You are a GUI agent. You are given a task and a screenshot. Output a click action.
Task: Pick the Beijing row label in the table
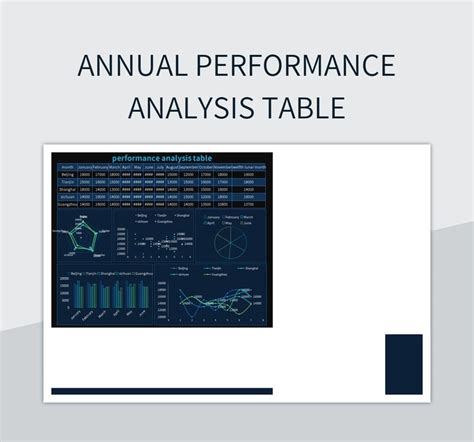tap(67, 175)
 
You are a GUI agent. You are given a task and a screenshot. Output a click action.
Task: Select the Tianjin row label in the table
tap(67, 183)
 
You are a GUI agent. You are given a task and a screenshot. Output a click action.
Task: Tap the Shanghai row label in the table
tap(67, 191)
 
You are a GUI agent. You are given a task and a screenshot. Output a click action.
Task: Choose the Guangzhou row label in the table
tap(67, 205)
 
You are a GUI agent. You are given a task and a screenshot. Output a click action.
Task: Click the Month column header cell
tap(67, 167)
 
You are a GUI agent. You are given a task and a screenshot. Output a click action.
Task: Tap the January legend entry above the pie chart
tap(213, 216)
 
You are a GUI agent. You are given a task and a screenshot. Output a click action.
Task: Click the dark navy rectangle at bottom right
tap(403, 364)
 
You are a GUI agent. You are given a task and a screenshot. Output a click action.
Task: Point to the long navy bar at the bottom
tap(161, 391)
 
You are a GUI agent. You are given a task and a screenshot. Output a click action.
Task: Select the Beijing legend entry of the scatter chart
tap(144, 215)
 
